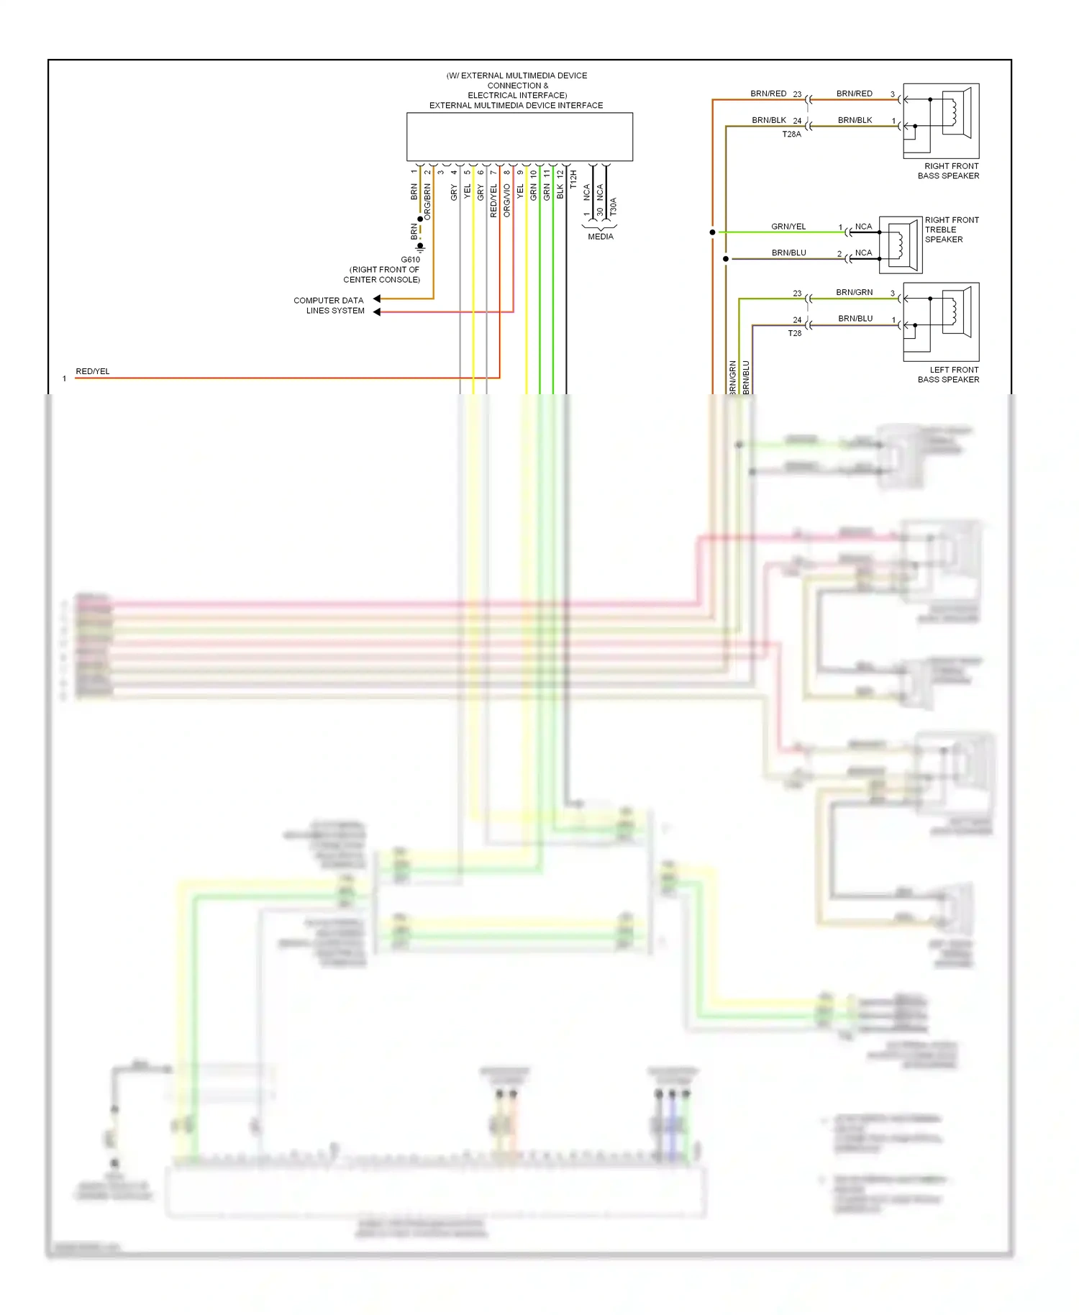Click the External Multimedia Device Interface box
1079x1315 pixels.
pyautogui.click(x=519, y=137)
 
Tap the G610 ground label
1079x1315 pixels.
pyautogui.click(x=410, y=260)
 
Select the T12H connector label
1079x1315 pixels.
pyautogui.click(x=573, y=179)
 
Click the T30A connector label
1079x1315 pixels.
pyautogui.click(x=613, y=206)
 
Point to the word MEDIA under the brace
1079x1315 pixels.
pyautogui.click(x=600, y=237)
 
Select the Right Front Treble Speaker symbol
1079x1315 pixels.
pyautogui.click(x=901, y=245)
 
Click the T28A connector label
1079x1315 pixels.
pyautogui.click(x=791, y=135)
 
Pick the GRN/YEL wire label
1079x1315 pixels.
pyautogui.click(x=788, y=227)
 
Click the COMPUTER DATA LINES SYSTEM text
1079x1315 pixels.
pyautogui.click(x=329, y=306)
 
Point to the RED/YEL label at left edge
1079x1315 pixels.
pyautogui.click(x=93, y=371)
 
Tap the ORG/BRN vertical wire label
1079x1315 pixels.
pyautogui.click(x=427, y=201)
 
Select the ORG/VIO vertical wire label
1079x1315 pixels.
pyautogui.click(x=507, y=200)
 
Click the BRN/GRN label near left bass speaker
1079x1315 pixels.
pyautogui.click(x=854, y=292)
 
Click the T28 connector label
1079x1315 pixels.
pyautogui.click(x=794, y=333)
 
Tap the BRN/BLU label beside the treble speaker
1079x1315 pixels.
pyautogui.click(x=788, y=253)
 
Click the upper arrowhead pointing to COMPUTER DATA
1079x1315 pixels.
pyautogui.click(x=377, y=299)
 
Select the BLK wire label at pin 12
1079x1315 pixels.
pyautogui.click(x=560, y=191)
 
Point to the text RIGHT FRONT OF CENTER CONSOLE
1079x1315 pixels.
pyautogui.click(x=382, y=275)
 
